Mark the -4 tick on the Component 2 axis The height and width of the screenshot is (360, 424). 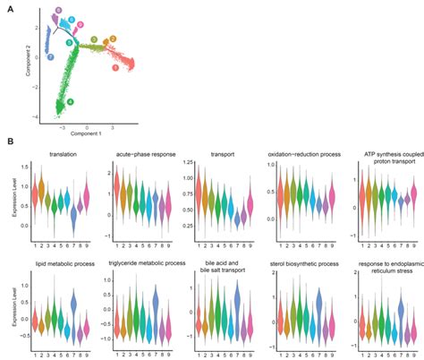click(x=37, y=116)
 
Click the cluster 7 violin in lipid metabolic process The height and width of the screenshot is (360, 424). click(x=73, y=307)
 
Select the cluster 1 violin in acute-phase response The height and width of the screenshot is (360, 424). click(x=116, y=186)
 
